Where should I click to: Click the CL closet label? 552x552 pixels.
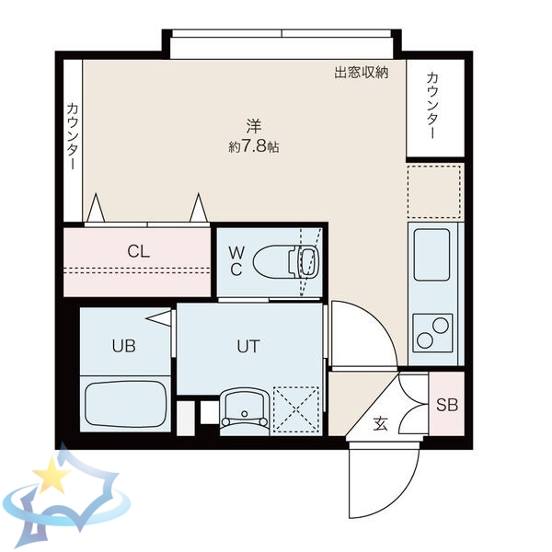139,251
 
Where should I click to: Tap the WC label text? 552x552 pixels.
236,260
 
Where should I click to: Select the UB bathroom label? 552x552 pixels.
123,347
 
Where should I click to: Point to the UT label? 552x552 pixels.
248,347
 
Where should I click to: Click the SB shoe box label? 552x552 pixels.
447,405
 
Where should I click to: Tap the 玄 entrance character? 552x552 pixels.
380,424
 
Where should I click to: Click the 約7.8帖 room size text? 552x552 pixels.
253,146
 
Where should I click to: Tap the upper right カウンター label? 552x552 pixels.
434,102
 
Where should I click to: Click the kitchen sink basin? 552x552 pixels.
432,254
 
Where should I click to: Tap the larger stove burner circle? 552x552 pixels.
437,324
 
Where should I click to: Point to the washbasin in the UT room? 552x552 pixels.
244,407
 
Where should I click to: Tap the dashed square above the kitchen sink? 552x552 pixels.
433,191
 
